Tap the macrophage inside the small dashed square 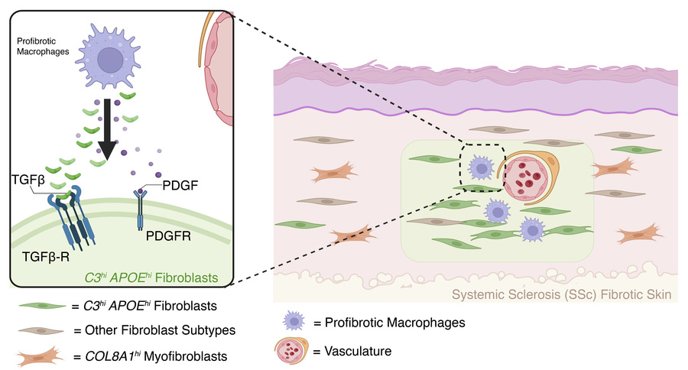480,167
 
